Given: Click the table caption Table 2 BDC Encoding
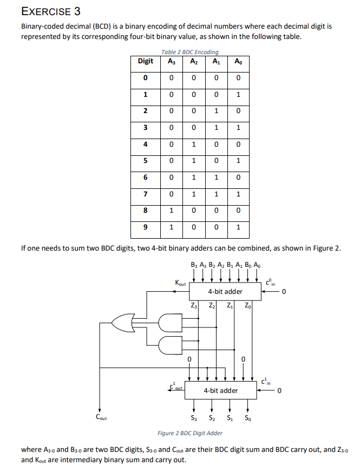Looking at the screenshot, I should [x=190, y=52].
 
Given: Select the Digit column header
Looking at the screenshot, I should [x=145, y=61].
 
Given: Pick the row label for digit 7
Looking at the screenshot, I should [x=145, y=193].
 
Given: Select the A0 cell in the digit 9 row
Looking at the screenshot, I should [x=238, y=227].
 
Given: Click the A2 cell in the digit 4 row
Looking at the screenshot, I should [x=194, y=144].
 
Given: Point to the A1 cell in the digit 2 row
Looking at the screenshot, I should [x=216, y=111].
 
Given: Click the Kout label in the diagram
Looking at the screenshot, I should [x=180, y=283].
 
